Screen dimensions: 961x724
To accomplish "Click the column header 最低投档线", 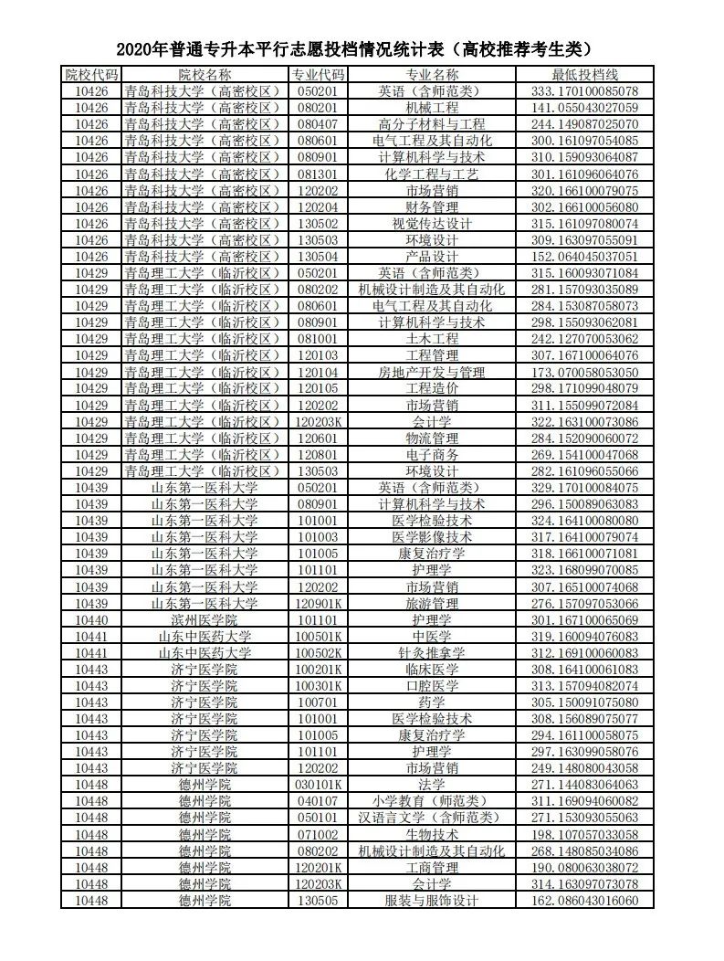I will [x=585, y=74].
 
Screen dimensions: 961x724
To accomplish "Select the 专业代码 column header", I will [x=318, y=74].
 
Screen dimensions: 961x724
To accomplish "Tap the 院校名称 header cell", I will [x=205, y=74].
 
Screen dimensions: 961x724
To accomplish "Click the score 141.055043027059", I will [x=585, y=107].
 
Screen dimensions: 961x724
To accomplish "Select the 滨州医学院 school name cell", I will [x=205, y=619].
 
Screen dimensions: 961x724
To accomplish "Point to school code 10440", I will [x=91, y=619].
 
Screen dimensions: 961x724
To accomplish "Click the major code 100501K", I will [x=318, y=636].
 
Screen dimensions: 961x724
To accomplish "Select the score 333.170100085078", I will [x=585, y=90].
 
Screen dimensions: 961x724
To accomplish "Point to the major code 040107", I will [x=318, y=801].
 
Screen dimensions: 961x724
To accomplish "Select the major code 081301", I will [x=318, y=174].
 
